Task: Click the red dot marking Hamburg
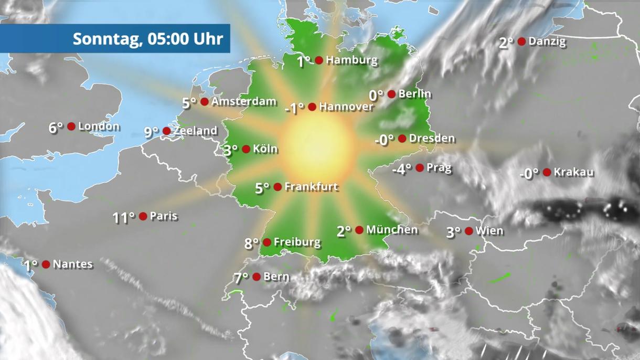point(318,60)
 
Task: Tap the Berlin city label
point(415,94)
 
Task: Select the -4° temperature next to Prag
point(402,169)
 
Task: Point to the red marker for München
point(359,230)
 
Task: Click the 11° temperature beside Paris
point(123,217)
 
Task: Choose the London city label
point(99,126)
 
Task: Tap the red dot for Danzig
point(521,41)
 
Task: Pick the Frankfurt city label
point(311,187)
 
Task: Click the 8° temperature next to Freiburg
point(252,243)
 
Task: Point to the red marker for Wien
point(468,231)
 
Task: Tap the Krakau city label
point(574,172)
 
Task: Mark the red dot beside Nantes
point(46,264)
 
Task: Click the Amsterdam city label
point(243,102)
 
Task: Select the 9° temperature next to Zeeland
point(151,132)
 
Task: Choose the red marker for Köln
point(246,149)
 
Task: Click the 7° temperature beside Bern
point(241,278)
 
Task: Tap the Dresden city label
point(432,139)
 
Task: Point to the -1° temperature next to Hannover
point(294,108)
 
